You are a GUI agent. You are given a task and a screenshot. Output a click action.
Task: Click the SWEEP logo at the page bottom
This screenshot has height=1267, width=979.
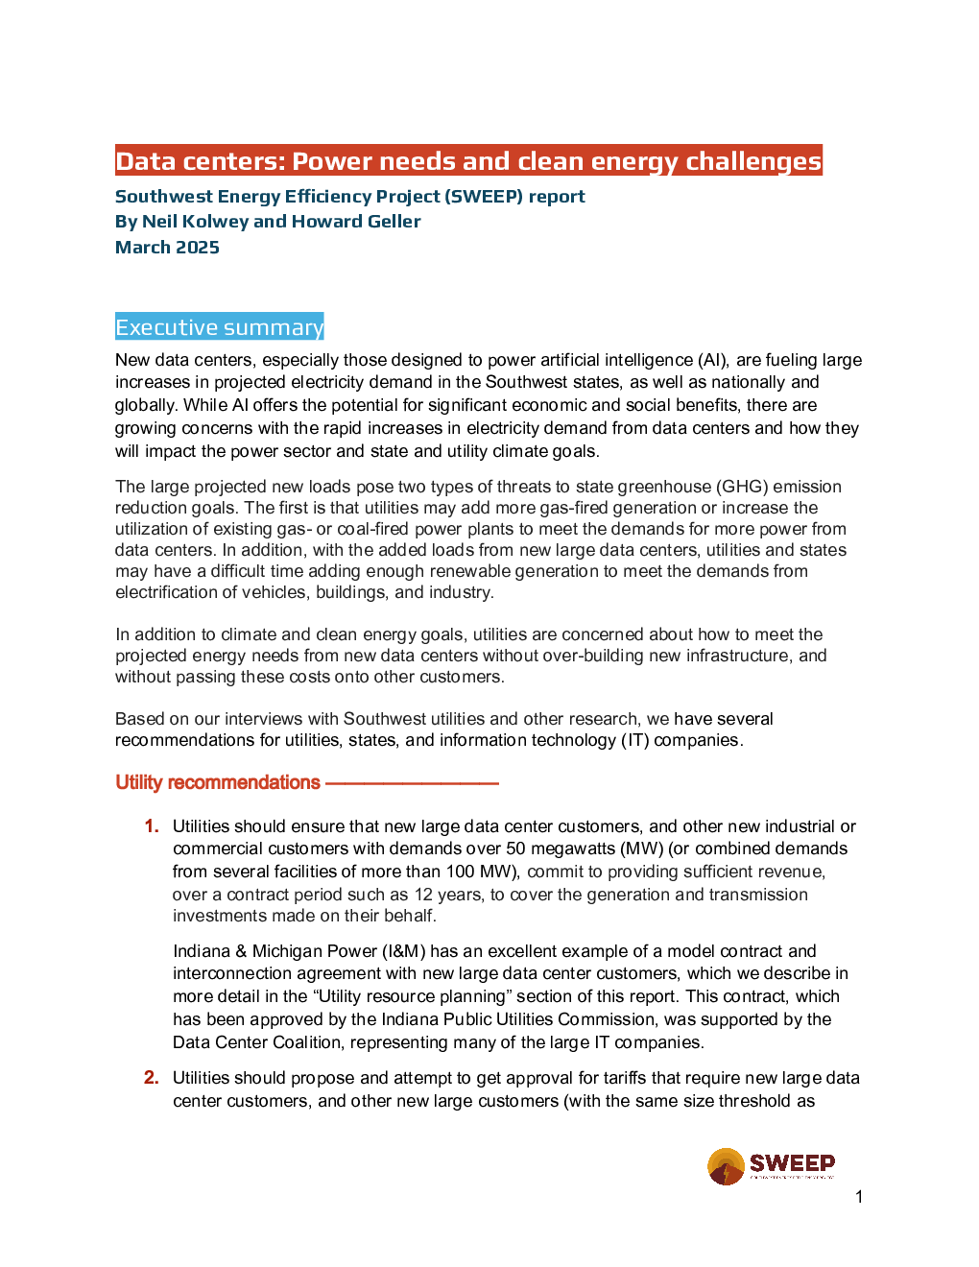[x=771, y=1166]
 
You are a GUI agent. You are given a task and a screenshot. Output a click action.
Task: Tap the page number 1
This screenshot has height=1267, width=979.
[x=859, y=1197]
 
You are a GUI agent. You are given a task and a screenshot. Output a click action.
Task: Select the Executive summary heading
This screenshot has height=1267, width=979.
[x=219, y=327]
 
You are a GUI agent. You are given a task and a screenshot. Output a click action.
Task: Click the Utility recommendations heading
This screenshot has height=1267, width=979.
[x=218, y=782]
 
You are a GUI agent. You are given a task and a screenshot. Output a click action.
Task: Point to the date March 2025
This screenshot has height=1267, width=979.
[x=167, y=247]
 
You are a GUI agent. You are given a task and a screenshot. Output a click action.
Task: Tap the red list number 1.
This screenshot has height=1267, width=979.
[x=152, y=825]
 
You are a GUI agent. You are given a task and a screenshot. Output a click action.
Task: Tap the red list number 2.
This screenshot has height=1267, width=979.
[x=152, y=1077]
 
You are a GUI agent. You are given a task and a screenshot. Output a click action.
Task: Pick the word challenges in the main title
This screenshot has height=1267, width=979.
[x=753, y=161]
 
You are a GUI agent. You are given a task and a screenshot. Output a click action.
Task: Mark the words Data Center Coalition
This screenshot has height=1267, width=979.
[x=256, y=1042]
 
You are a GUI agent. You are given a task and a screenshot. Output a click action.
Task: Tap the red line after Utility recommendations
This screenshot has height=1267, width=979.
[x=412, y=783]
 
